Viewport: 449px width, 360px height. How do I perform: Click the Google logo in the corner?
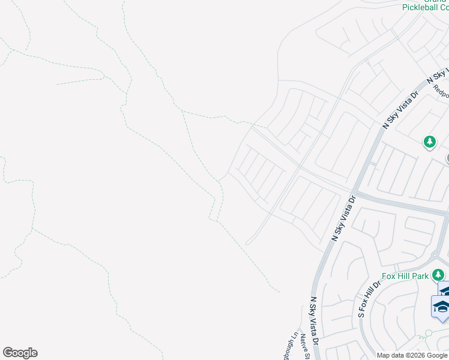click(20, 353)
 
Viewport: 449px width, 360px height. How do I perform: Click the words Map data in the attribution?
click(390, 355)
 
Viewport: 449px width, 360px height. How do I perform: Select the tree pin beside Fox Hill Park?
click(439, 275)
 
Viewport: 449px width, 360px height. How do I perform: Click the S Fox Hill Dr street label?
click(370, 298)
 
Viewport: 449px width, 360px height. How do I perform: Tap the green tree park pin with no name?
click(429, 142)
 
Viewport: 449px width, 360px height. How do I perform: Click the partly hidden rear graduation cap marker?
click(445, 290)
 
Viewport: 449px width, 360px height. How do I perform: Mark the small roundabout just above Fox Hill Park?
click(433, 255)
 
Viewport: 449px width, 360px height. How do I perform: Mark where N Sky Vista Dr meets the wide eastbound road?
click(355, 194)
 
